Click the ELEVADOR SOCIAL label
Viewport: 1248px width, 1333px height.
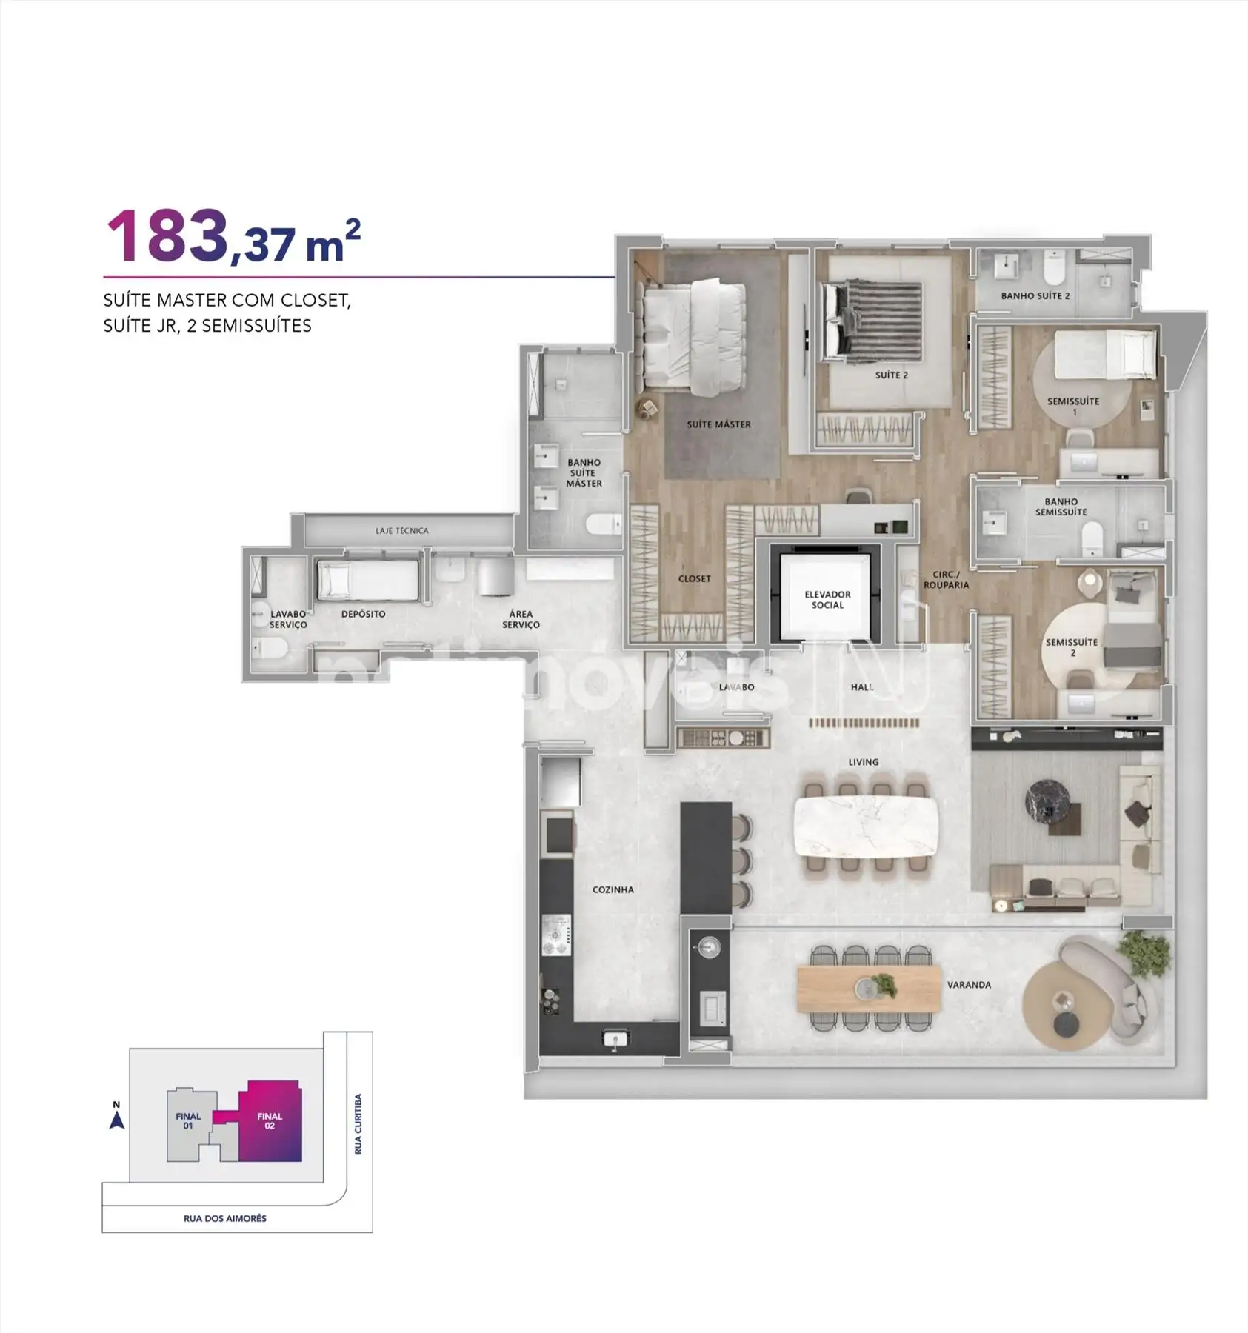pos(827,600)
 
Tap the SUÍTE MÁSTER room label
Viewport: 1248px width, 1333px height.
pos(718,424)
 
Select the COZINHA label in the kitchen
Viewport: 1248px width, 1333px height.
pos(613,889)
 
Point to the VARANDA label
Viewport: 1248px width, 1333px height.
pos(969,985)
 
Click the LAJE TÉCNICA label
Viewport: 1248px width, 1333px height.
pos(401,531)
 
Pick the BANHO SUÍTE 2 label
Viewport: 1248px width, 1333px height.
pos(1035,295)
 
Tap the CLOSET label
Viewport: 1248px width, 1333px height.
pos(694,578)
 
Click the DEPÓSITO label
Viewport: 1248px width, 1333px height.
pos(363,614)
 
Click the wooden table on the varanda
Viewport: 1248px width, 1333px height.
pos(868,989)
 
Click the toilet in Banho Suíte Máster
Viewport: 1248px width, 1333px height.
pos(603,525)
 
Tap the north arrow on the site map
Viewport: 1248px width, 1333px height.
pos(116,1120)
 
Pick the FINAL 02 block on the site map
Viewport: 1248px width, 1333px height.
pos(270,1121)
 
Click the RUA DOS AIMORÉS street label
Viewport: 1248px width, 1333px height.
pos(225,1218)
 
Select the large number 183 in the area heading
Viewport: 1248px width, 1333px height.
pos(167,235)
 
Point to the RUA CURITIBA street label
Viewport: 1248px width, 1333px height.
pos(358,1123)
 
